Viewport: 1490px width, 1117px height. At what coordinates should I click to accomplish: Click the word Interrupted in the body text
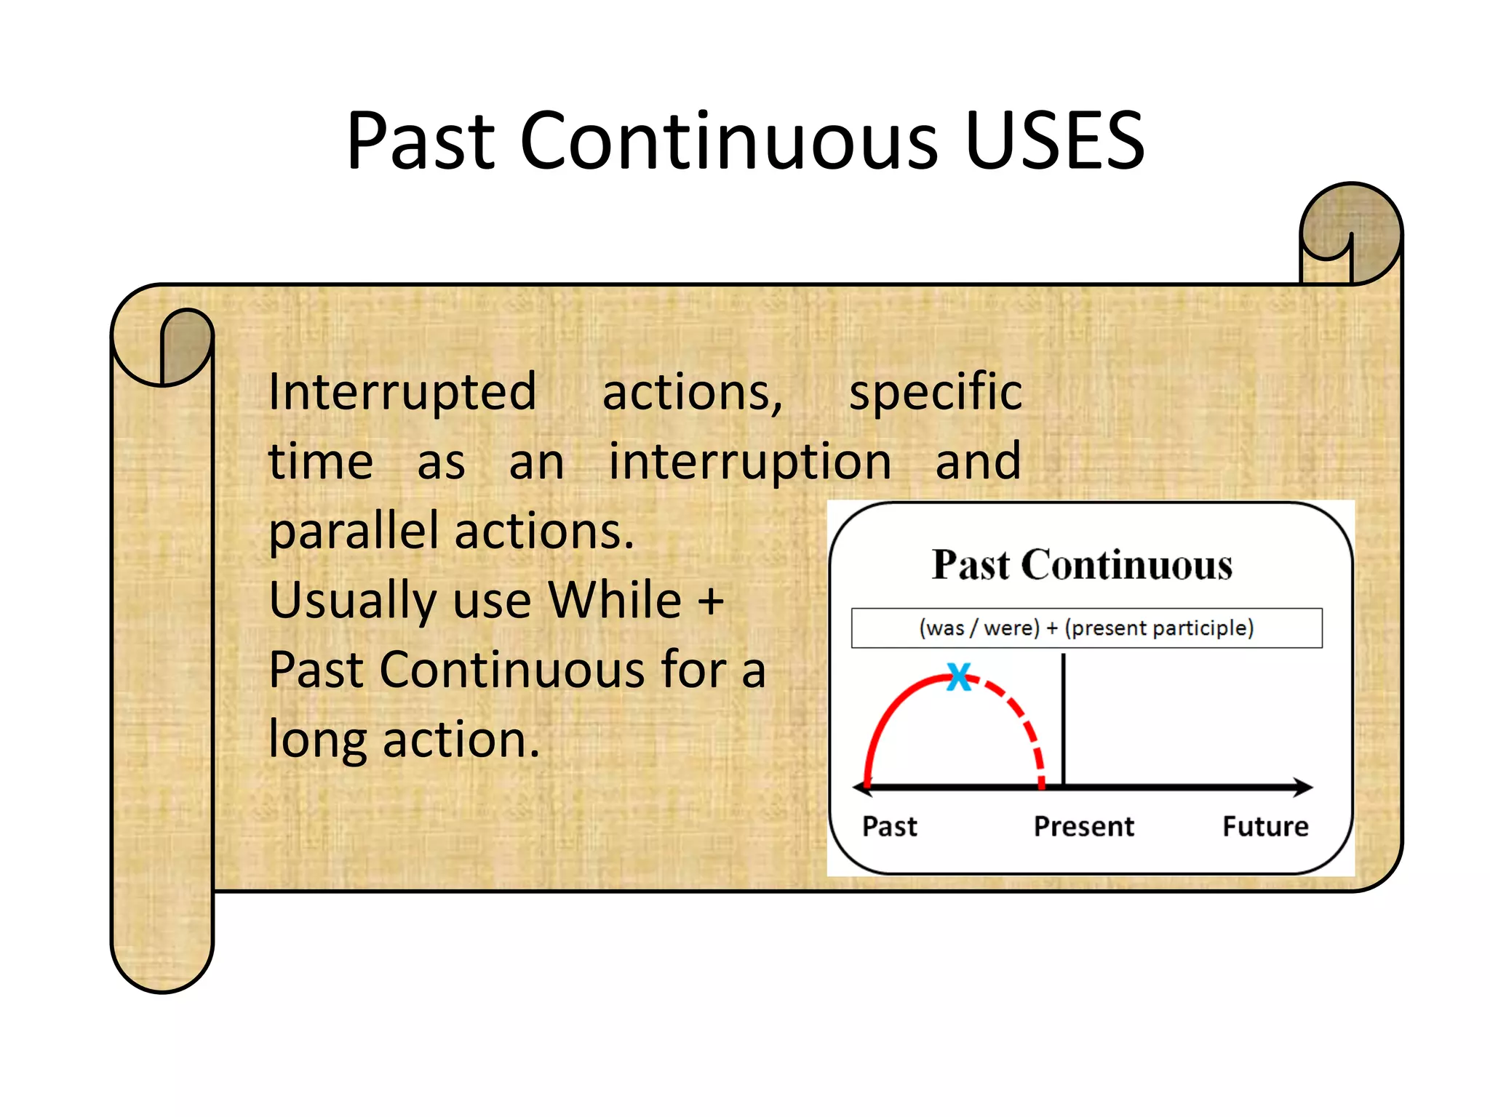(x=402, y=393)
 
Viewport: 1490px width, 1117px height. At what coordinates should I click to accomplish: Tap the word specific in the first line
(x=936, y=393)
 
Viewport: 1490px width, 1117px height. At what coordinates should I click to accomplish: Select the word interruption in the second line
(x=750, y=462)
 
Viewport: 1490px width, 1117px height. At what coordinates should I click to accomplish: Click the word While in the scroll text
(x=615, y=601)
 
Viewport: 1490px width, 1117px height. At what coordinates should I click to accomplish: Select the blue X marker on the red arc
(x=959, y=677)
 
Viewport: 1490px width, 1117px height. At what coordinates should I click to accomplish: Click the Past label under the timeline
(x=889, y=827)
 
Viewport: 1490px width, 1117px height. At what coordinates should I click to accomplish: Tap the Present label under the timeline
(x=1083, y=827)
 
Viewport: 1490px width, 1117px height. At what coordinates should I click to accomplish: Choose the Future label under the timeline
(x=1265, y=827)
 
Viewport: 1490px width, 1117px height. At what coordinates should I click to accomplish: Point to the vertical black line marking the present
(x=1064, y=720)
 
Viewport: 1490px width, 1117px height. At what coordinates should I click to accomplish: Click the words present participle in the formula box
(x=1159, y=628)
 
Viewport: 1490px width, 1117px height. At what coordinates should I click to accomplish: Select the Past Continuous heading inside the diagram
(x=1082, y=565)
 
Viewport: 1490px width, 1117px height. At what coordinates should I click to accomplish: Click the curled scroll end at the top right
(x=1350, y=233)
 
